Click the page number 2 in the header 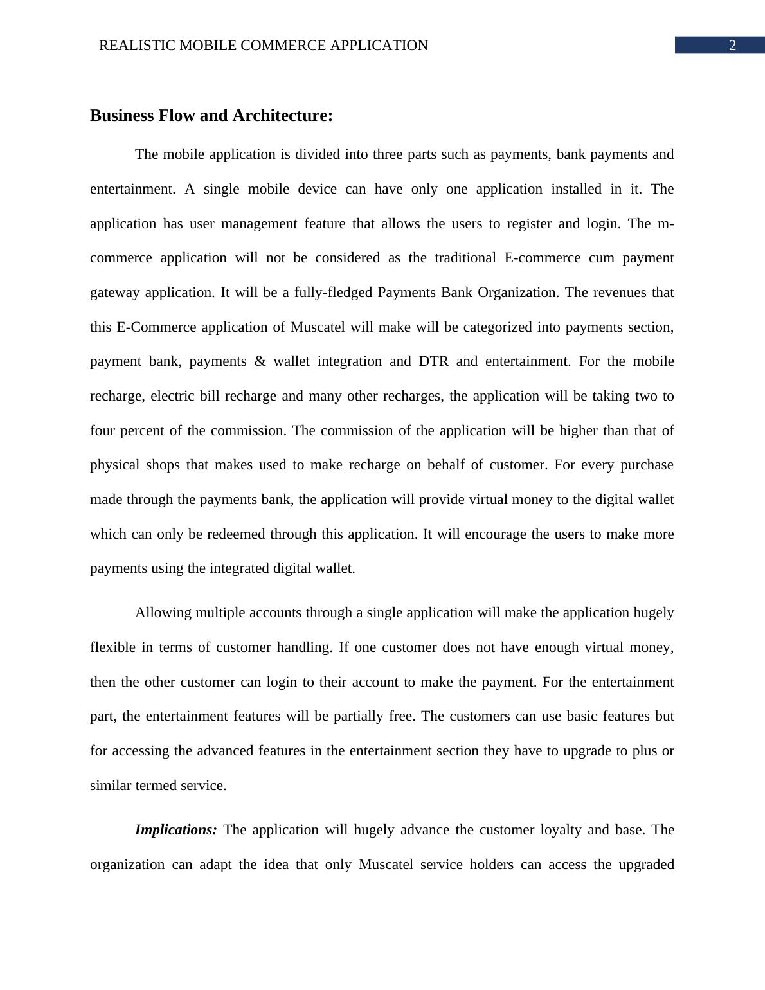point(732,46)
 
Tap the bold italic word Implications point(175,830)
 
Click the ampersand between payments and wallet point(260,361)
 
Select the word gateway point(114,292)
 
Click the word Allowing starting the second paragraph point(163,613)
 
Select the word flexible point(113,647)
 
